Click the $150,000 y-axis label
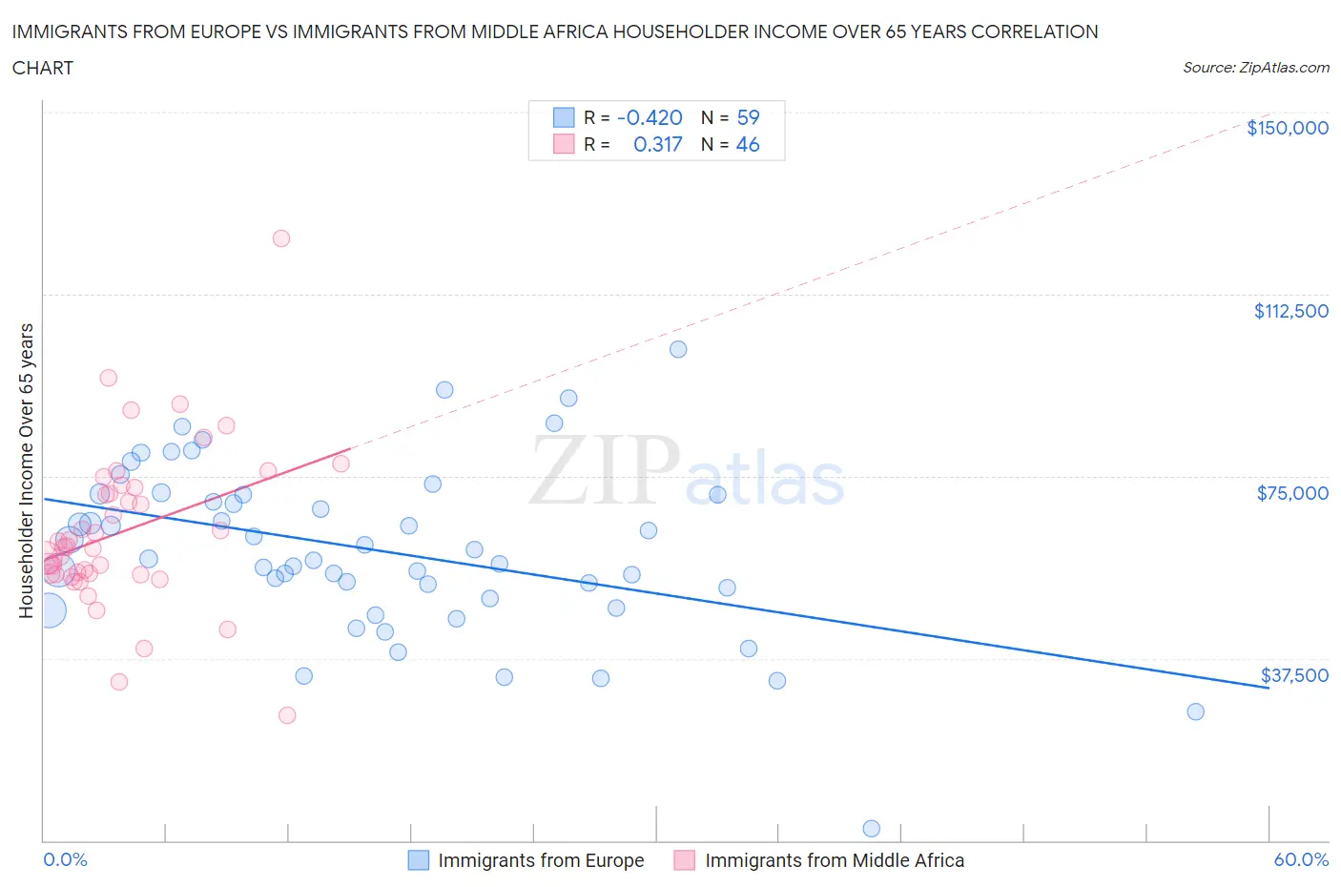(x=1287, y=129)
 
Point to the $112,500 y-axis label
(x=1290, y=311)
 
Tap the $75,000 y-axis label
(x=1292, y=493)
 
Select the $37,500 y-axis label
(x=1294, y=675)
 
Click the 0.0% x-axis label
(x=65, y=859)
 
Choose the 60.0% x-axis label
(x=1301, y=859)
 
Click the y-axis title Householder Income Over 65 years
(x=27, y=470)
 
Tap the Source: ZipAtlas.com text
(x=1255, y=68)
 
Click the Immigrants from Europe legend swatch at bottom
(x=419, y=860)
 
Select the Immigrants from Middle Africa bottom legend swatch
(x=684, y=860)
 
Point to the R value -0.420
(x=650, y=117)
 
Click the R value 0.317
(x=658, y=144)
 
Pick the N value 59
(x=748, y=117)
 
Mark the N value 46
(x=748, y=144)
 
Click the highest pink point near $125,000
(x=280, y=238)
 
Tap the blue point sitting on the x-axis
(x=871, y=829)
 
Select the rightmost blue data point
(x=1195, y=712)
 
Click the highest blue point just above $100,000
(x=678, y=349)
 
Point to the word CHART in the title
(x=43, y=68)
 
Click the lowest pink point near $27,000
(x=287, y=715)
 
